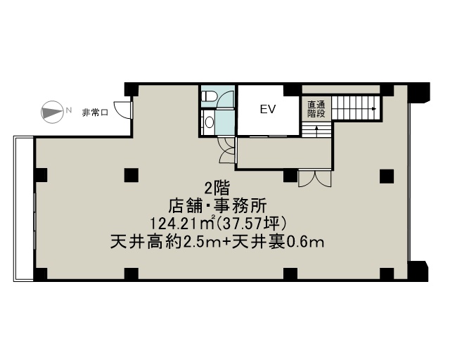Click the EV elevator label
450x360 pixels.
tap(268, 110)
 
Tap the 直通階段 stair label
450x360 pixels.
tap(316, 109)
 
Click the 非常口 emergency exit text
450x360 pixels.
tap(95, 112)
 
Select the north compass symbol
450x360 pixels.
tap(52, 112)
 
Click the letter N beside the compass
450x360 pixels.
tap(68, 110)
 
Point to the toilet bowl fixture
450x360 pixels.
tap(207, 96)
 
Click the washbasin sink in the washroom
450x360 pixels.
tap(210, 122)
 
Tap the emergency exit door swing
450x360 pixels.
tap(123, 110)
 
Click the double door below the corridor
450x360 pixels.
tap(315, 179)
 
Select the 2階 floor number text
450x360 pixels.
tap(217, 189)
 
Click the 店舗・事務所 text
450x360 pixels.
tap(217, 206)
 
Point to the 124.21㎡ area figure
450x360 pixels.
tap(183, 224)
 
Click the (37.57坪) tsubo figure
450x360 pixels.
tap(252, 224)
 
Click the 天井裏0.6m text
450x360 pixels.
tap(278, 242)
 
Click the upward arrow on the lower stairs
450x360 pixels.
tap(316, 131)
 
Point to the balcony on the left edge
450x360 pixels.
tap(24, 208)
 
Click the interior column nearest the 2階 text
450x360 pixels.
tap(131, 175)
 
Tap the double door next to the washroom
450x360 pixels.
tap(227, 150)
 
